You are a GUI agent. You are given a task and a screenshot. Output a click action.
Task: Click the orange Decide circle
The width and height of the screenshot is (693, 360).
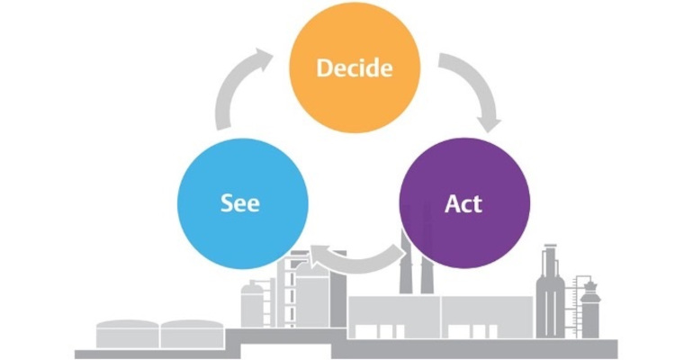click(x=354, y=67)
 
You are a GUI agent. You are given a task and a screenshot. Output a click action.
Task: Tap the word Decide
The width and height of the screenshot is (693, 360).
click(x=354, y=68)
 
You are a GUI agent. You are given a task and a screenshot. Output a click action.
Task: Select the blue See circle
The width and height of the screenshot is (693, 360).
click(x=240, y=202)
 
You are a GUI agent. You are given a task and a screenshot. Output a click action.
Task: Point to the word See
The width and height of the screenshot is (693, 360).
click(x=240, y=203)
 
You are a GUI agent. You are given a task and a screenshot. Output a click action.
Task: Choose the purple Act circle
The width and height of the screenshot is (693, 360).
click(x=463, y=202)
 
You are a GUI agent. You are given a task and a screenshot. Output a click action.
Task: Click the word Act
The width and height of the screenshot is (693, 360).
click(x=463, y=203)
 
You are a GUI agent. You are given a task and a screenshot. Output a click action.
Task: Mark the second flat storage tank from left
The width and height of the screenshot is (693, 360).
click(x=192, y=334)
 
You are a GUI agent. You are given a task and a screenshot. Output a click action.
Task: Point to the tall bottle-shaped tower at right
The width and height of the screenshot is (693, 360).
click(x=550, y=288)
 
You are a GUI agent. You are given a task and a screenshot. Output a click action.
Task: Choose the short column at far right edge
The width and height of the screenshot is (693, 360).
click(x=590, y=306)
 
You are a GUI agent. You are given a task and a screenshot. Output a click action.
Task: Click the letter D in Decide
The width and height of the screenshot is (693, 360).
click(x=323, y=68)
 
